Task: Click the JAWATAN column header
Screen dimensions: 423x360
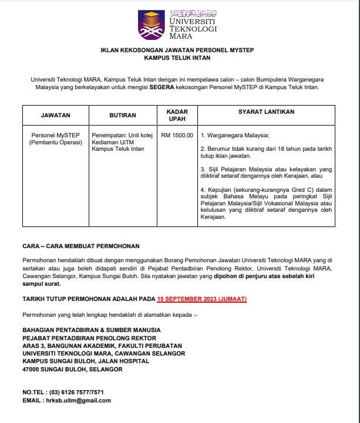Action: pos(56,116)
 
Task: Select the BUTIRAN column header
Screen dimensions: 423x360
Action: pos(123,116)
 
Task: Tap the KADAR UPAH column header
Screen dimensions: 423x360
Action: pos(177,115)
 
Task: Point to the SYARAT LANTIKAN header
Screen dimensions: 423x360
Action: pos(267,111)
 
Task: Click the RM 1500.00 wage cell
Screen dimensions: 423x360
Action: pos(177,135)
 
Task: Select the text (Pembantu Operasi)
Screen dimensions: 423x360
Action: pos(56,142)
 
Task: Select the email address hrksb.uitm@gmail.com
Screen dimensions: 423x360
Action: pos(78,400)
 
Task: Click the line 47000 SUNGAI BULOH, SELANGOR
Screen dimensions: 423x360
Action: pos(72,369)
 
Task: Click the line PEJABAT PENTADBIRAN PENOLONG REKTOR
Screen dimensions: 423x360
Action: pos(89,338)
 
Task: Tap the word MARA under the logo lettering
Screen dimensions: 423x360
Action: pos(180,36)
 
